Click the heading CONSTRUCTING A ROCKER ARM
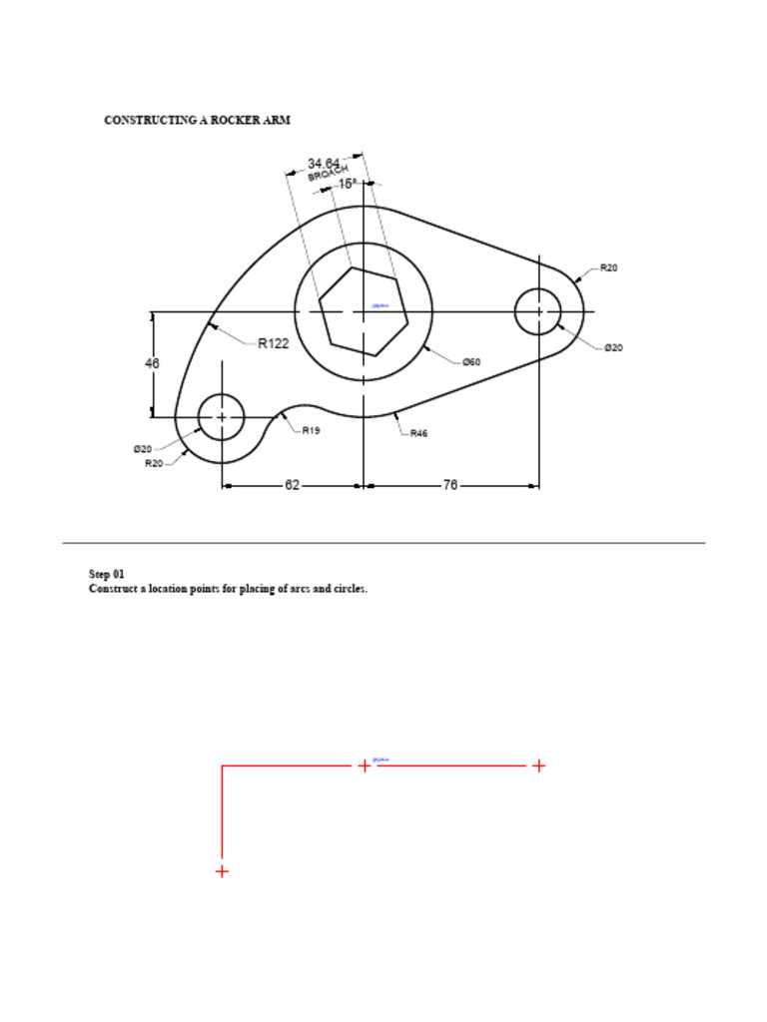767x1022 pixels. point(197,120)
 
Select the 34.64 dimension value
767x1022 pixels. point(324,163)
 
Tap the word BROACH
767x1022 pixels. point(327,173)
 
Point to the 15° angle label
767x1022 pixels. point(347,184)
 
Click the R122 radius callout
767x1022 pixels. point(273,344)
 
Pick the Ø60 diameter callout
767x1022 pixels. point(470,361)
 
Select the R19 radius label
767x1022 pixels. point(311,431)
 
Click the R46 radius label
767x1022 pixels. point(419,434)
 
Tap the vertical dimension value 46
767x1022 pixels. point(153,364)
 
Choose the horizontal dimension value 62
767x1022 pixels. point(292,485)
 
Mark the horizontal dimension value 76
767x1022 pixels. point(449,485)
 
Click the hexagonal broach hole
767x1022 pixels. point(364,311)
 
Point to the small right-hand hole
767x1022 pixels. point(538,311)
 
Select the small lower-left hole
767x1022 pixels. point(221,417)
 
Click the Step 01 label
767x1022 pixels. point(107,574)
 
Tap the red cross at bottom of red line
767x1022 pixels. point(222,871)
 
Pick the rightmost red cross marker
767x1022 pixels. point(538,766)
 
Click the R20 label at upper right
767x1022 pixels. point(608,268)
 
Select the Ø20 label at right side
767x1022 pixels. point(613,347)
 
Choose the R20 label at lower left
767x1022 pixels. point(154,463)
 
